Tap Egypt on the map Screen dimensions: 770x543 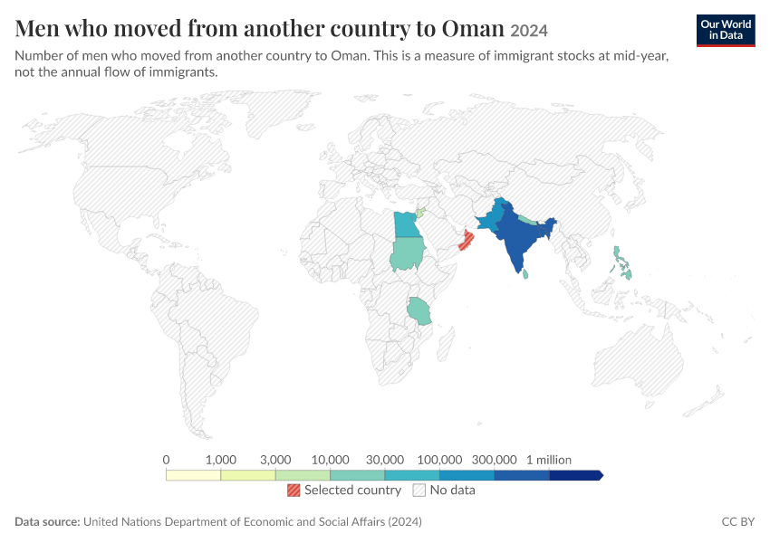tap(407, 224)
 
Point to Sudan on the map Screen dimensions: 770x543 tap(408, 253)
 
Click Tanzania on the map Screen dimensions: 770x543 tap(419, 311)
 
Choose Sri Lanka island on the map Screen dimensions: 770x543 tap(525, 273)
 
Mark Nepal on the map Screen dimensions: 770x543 tap(527, 219)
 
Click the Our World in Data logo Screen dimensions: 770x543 tap(726, 31)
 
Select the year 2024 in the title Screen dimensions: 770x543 tap(529, 31)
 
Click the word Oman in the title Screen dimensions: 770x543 tap(472, 28)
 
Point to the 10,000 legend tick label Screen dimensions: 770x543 tap(330, 460)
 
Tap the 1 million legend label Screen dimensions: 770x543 tap(549, 460)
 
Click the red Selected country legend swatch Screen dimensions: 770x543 tap(294, 490)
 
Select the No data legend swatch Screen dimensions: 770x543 tap(419, 490)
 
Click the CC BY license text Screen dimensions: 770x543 tap(738, 521)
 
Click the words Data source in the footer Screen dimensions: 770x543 tap(47, 521)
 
